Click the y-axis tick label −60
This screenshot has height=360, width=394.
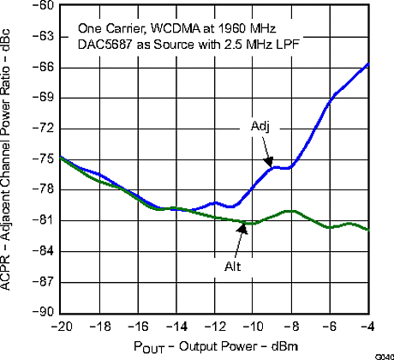coord(42,6)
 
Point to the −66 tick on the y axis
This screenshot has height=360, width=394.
coord(42,67)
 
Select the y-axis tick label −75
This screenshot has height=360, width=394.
coord(42,159)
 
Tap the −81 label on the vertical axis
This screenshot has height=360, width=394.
coord(42,220)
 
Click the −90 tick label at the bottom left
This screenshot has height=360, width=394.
coord(42,312)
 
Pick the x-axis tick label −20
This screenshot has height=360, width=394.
coord(61,327)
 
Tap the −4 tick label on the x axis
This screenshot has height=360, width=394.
coord(367,327)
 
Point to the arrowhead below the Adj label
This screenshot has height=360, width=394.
coord(269,163)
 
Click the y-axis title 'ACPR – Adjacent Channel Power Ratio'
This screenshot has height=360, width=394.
coord(10,159)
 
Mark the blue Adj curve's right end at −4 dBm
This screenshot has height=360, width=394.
coord(367,64)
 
